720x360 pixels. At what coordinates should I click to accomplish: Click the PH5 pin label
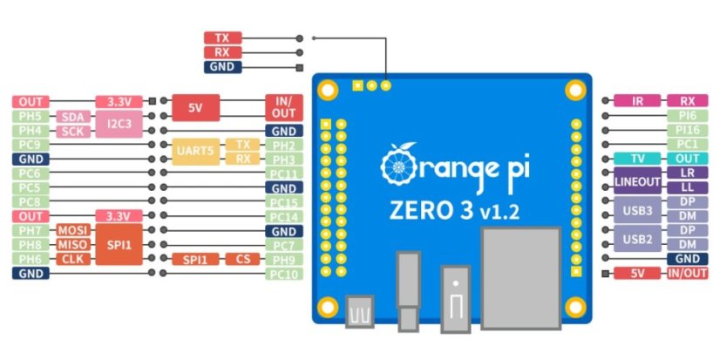(30, 116)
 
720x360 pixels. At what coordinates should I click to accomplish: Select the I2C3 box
(119, 123)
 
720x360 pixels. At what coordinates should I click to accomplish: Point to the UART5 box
(194, 152)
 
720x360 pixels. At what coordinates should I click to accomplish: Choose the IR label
(637, 101)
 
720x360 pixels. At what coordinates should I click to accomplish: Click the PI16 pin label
(687, 130)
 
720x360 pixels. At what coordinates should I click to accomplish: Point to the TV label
(637, 159)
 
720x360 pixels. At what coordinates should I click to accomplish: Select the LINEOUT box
(637, 180)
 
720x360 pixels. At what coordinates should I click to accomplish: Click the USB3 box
(637, 209)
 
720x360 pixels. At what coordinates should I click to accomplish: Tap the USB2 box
(637, 238)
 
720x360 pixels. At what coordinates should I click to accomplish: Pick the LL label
(687, 187)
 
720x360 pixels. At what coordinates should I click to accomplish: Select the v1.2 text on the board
(500, 210)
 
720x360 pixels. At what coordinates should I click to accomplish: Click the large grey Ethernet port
(521, 277)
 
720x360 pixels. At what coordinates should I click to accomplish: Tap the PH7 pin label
(30, 230)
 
